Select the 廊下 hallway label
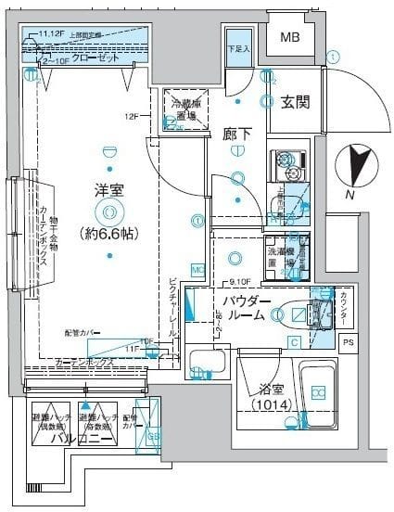pyautogui.click(x=237, y=134)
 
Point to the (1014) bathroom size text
pyautogui.click(x=272, y=404)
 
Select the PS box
pyautogui.click(x=347, y=343)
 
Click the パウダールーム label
pyautogui.click(x=246, y=310)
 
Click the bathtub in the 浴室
pyautogui.click(x=318, y=396)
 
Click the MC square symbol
pyautogui.click(x=197, y=270)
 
